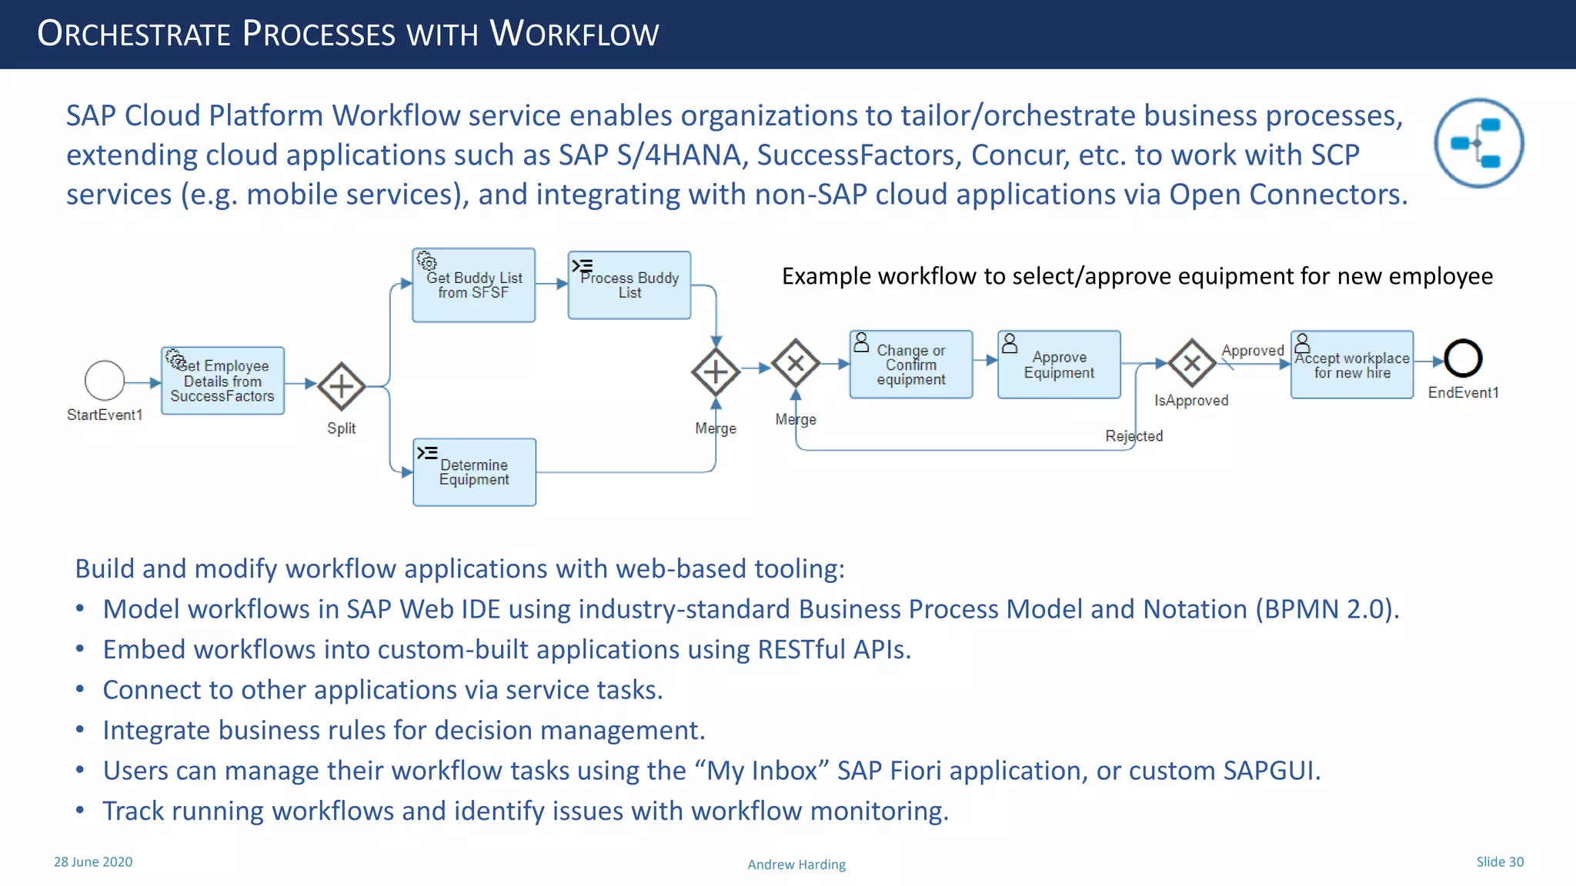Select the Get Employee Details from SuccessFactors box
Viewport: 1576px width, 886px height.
click(x=223, y=381)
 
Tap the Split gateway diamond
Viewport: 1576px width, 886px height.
click(x=342, y=386)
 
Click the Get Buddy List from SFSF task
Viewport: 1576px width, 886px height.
click(x=474, y=285)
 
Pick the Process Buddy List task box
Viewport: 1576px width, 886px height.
click(x=629, y=285)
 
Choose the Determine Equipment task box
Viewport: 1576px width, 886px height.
click(x=475, y=472)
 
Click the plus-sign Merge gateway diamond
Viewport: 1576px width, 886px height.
click(x=716, y=372)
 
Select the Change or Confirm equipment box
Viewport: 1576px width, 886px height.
click(x=911, y=365)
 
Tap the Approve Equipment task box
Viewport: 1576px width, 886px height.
click(x=1059, y=365)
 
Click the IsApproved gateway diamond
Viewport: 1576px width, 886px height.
click(x=1192, y=363)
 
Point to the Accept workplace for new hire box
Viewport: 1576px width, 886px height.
click(x=1352, y=365)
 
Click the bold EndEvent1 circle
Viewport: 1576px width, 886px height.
click(x=1463, y=358)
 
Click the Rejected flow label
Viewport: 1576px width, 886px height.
click(x=1134, y=436)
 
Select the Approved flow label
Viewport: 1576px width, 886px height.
click(x=1253, y=351)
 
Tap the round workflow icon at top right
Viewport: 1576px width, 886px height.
click(x=1479, y=143)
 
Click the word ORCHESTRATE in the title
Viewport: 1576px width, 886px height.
click(x=134, y=34)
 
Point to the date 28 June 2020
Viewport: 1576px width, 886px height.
click(x=93, y=862)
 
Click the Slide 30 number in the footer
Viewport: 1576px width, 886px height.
click(x=1500, y=862)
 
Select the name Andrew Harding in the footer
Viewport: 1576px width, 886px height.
click(x=796, y=864)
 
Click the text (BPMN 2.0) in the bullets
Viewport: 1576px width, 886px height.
click(x=1327, y=609)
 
